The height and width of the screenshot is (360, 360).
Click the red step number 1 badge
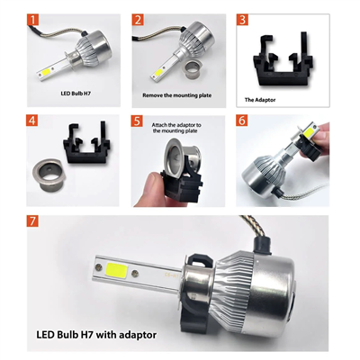[33, 19]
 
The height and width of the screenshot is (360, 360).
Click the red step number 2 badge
[138, 19]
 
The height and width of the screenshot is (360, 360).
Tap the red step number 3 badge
[242, 19]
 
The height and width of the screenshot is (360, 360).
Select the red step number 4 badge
[33, 120]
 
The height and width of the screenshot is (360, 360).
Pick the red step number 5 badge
[138, 120]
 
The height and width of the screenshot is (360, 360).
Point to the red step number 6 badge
[242, 120]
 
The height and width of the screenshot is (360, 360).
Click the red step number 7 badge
[33, 221]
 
